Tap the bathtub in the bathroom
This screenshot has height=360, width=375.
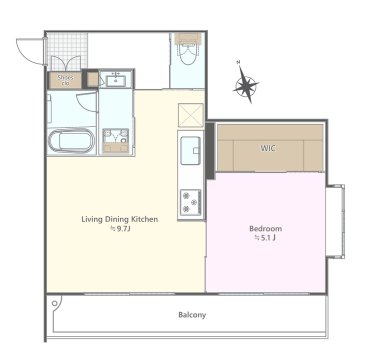click(x=71, y=141)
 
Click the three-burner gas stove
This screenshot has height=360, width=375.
click(x=191, y=202)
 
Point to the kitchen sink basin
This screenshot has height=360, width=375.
click(x=190, y=150)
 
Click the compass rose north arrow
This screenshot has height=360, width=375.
click(x=246, y=83)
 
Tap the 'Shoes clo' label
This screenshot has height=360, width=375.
click(x=65, y=80)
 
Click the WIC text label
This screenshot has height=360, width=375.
click(x=268, y=148)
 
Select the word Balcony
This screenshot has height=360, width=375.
click(x=192, y=315)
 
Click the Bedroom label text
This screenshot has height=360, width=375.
click(x=265, y=228)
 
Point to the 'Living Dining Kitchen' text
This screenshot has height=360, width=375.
click(x=119, y=219)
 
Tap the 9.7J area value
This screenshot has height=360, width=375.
click(x=120, y=229)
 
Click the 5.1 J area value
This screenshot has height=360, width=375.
click(x=264, y=238)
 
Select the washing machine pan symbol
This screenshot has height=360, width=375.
click(x=116, y=141)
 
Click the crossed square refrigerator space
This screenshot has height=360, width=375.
click(x=190, y=115)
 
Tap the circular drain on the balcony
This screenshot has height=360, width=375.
click(x=54, y=303)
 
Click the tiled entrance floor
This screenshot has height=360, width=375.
click(x=67, y=51)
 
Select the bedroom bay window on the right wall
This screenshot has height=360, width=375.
click(x=336, y=221)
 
